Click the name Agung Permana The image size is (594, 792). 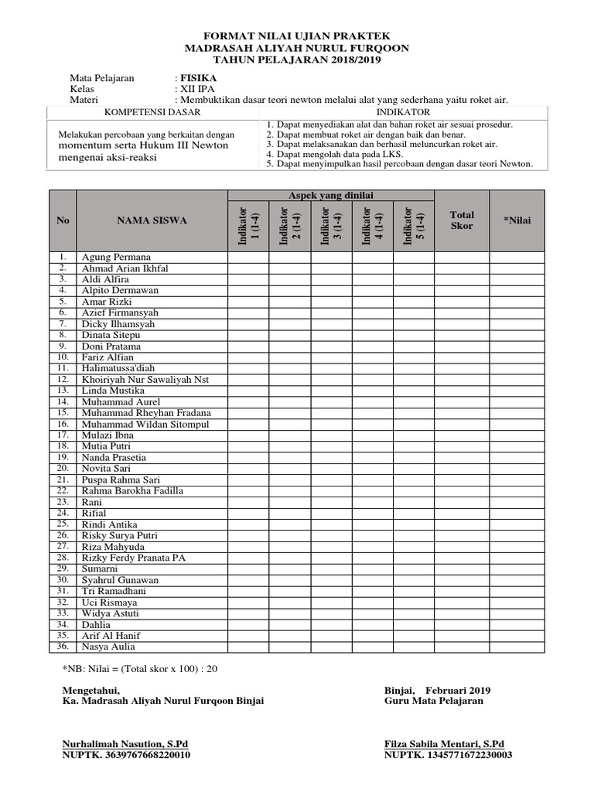pos(116,257)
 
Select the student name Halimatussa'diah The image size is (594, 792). pos(120,369)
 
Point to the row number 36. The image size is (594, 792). pos(63,647)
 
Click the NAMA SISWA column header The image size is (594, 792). pos(152,220)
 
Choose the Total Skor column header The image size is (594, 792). pos(462,220)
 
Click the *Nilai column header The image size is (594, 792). pos(517,220)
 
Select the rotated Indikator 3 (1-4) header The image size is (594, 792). pos(331,226)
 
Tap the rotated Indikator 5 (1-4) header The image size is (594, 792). pos(414,226)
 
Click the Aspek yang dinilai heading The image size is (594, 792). pos(330,196)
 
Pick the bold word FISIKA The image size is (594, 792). pos(198,78)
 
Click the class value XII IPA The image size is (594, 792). pos(199,89)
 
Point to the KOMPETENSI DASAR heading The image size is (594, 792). pos(152,112)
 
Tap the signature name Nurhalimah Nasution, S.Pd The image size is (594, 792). pos(126,743)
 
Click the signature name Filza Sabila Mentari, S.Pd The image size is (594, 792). pos(444,743)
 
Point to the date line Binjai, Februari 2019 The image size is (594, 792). pos(437,690)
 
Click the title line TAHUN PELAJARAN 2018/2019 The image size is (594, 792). pos(297,60)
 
